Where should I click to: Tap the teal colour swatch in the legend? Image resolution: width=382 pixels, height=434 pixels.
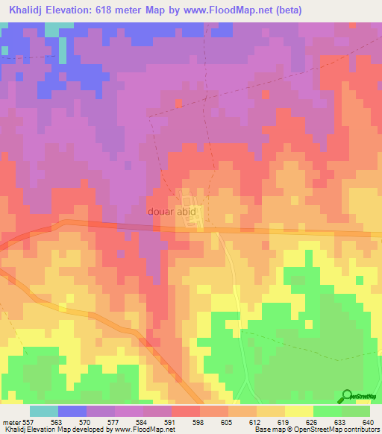43,411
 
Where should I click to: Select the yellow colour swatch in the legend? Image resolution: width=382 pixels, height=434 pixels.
298,411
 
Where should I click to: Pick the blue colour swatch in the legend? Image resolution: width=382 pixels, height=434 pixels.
72,411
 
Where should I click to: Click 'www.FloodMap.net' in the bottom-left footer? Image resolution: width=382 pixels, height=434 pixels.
139,430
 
